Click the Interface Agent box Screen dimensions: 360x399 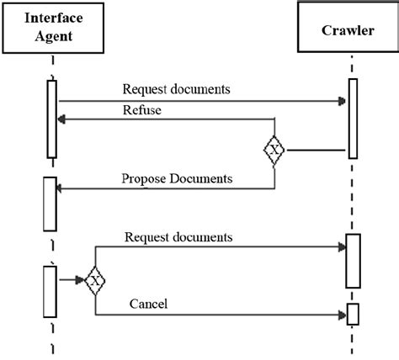(x=53, y=28)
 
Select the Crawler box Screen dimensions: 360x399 (x=347, y=31)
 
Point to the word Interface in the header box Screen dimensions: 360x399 (x=53, y=18)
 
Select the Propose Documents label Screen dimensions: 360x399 (x=176, y=178)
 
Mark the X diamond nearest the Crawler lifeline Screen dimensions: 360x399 (x=274, y=151)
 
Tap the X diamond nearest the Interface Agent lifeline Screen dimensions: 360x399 (x=95, y=279)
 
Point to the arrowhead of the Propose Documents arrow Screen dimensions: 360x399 (x=61, y=188)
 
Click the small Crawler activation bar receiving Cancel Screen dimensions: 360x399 (x=353, y=313)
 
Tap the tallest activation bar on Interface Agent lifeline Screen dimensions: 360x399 (x=51, y=119)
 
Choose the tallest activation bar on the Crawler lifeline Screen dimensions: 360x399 (x=352, y=118)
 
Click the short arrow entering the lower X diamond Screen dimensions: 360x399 (x=71, y=279)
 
